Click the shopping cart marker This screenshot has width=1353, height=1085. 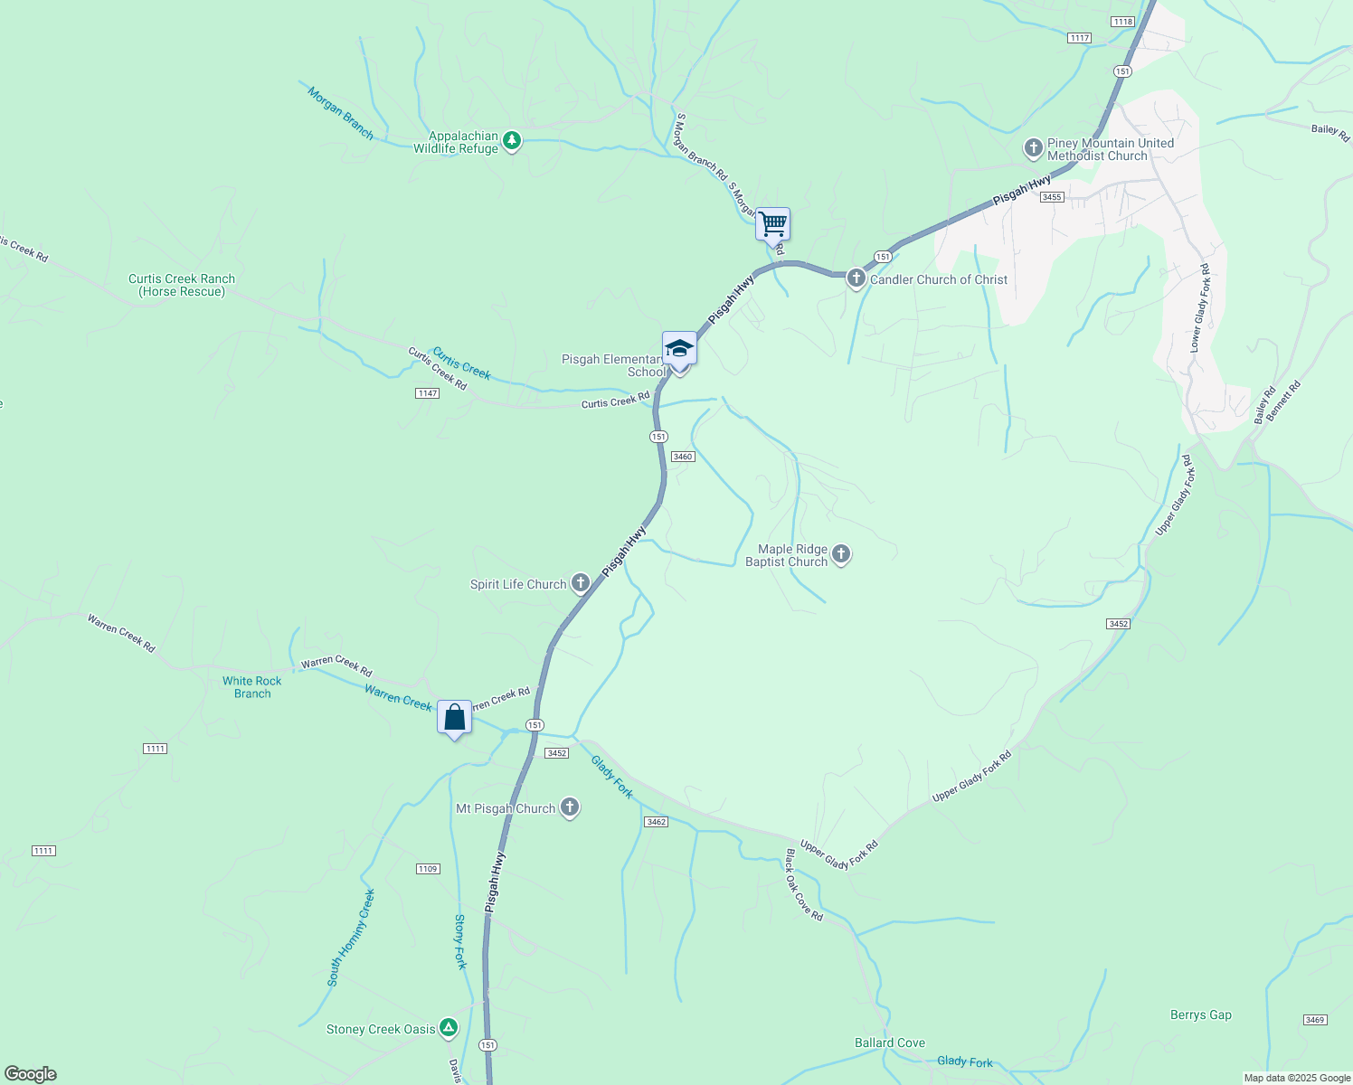(772, 223)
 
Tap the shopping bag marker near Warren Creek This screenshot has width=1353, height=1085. (454, 718)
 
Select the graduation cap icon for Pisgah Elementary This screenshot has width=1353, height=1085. (679, 349)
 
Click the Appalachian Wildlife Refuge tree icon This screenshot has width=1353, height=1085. (512, 141)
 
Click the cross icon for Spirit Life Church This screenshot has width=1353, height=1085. (580, 583)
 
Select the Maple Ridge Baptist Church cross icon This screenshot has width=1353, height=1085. (841, 554)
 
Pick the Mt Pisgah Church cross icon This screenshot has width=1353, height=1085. (569, 807)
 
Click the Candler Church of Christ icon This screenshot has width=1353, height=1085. (856, 278)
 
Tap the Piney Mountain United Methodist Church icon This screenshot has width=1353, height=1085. (1034, 148)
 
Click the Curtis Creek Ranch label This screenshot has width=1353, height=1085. (182, 285)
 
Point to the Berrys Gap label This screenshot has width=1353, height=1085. (1201, 1014)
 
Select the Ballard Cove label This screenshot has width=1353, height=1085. (890, 1043)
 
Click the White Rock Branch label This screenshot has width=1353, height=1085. (252, 687)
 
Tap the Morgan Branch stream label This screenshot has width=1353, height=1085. (340, 113)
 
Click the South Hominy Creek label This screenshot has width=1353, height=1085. (351, 938)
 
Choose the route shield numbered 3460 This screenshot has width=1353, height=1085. (683, 457)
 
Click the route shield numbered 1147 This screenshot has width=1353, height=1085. (427, 393)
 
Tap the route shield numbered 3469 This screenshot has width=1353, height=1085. (1315, 1020)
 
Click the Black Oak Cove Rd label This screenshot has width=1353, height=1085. (804, 885)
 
